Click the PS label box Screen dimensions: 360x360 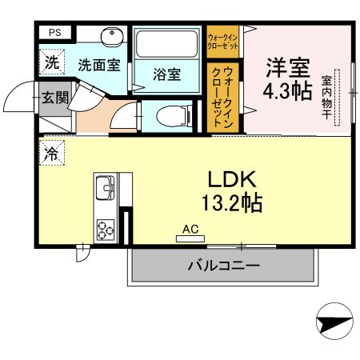[x=54, y=32]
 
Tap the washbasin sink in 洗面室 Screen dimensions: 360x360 [x=111, y=38]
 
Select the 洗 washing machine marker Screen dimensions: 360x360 [x=51, y=62]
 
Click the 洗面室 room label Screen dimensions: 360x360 [x=98, y=63]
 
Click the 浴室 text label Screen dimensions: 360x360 [x=167, y=75]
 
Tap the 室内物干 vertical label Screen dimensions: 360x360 [x=327, y=98]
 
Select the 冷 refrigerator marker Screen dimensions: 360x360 [x=51, y=153]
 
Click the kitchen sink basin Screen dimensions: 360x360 [x=106, y=189]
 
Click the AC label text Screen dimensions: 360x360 [x=190, y=229]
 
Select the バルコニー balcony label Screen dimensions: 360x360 [x=223, y=265]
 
